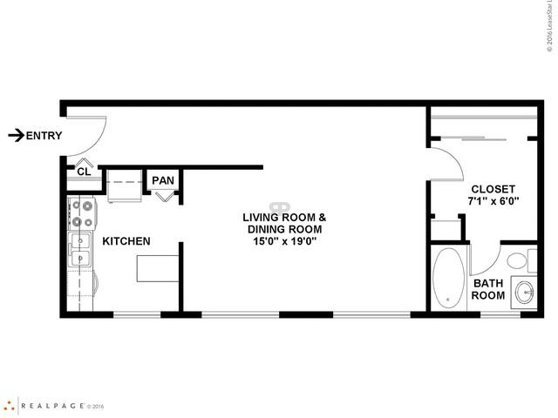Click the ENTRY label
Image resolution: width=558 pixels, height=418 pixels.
point(44,135)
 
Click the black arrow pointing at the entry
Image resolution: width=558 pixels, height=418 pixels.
point(16,135)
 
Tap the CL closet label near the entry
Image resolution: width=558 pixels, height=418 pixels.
point(84,172)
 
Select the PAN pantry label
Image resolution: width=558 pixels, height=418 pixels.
point(163,180)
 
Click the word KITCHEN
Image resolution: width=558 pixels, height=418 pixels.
point(126,241)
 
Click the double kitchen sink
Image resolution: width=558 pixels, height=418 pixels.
point(80,250)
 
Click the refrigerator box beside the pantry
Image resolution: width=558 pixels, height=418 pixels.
point(125,185)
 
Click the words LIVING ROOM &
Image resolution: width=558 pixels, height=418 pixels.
point(284,217)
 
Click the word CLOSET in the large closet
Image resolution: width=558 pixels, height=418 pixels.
point(493,189)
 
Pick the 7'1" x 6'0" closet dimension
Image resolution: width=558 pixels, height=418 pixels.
point(493,202)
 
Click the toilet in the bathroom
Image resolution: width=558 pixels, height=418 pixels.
point(517,260)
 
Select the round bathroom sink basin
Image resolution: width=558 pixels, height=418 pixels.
point(524,292)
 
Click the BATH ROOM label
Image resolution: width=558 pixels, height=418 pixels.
point(488,289)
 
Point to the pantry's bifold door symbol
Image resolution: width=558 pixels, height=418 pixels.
point(164,196)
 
